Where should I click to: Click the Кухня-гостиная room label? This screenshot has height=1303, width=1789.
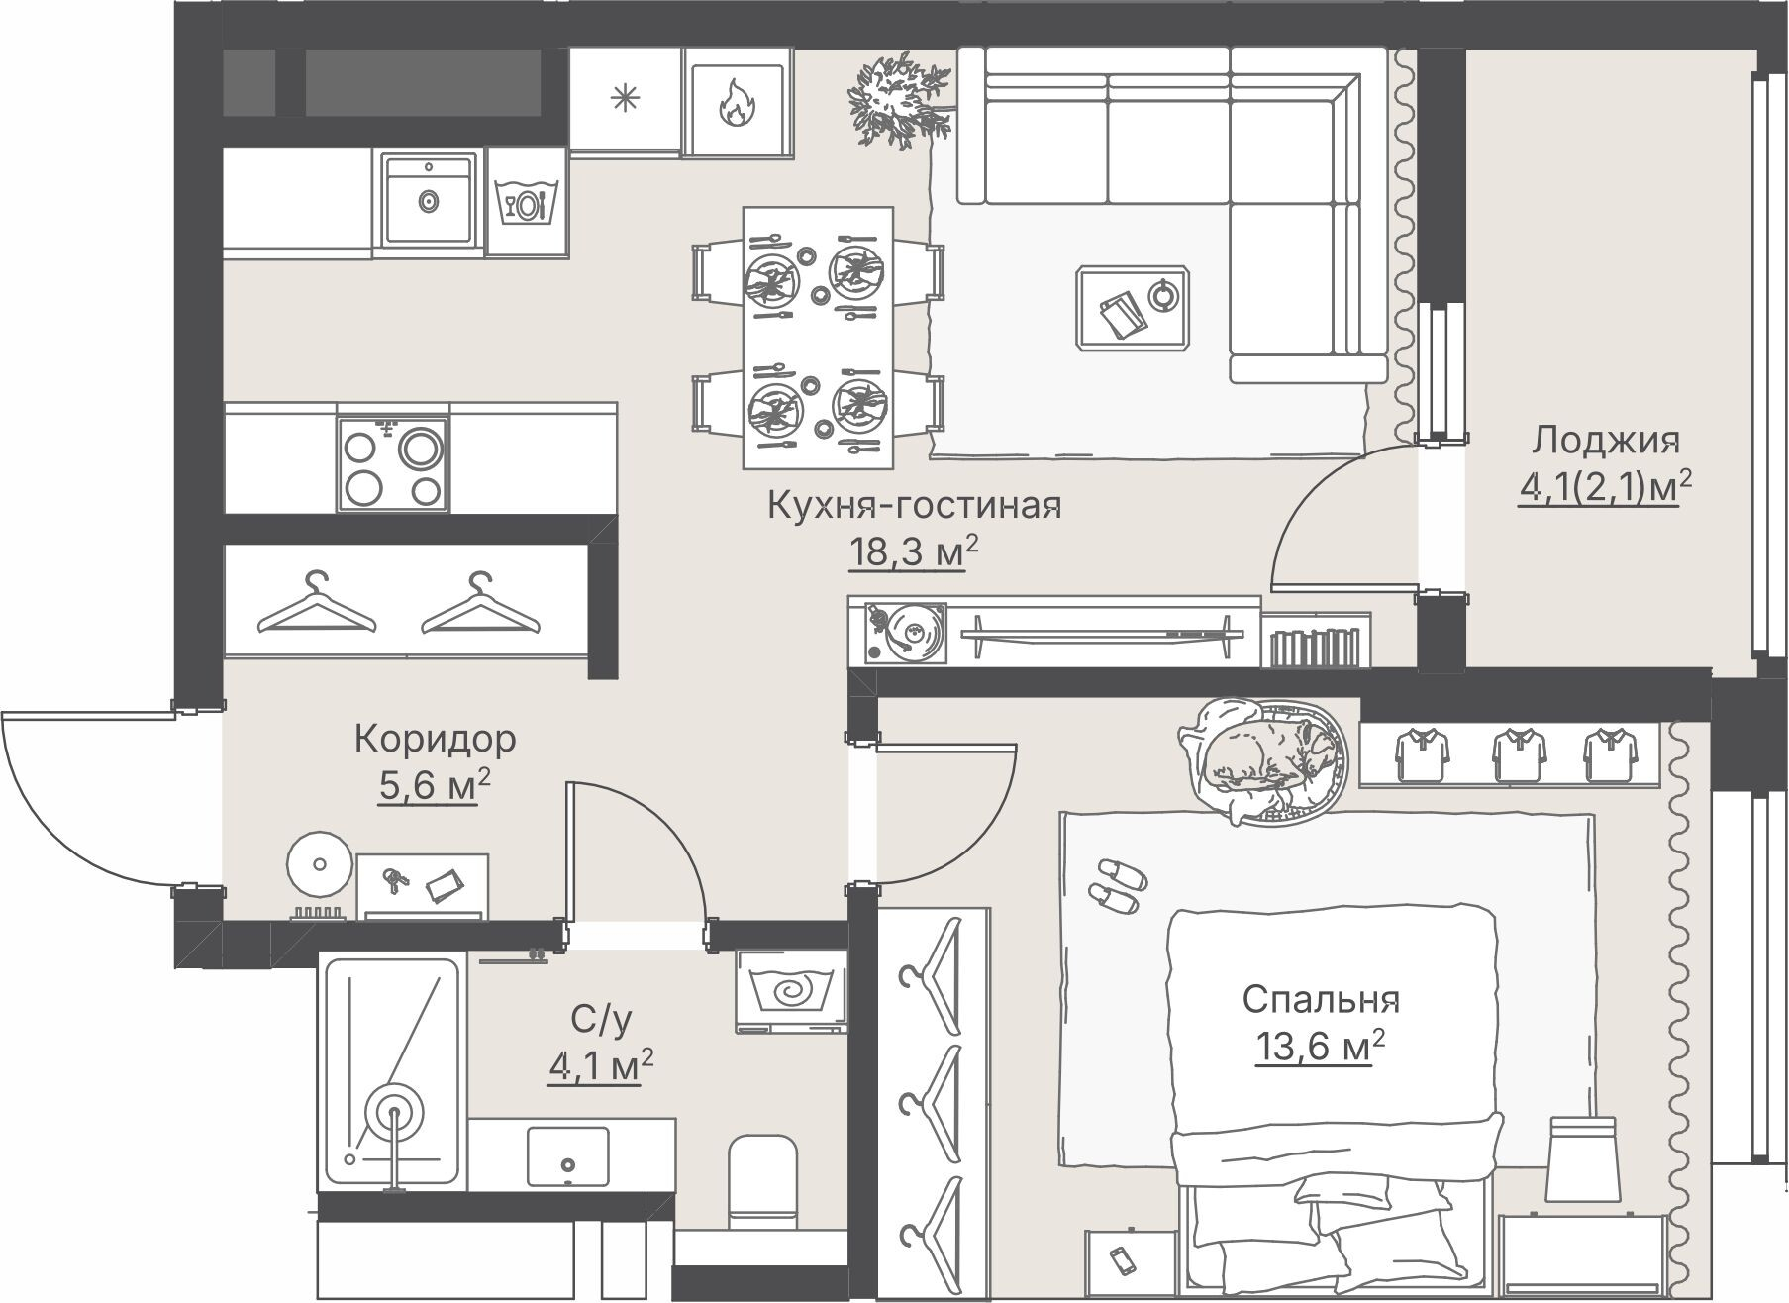click(x=915, y=506)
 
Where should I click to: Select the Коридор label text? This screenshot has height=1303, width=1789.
click(x=436, y=739)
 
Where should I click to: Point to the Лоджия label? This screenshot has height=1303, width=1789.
click(x=1606, y=440)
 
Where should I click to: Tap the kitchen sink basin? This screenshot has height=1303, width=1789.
click(x=428, y=200)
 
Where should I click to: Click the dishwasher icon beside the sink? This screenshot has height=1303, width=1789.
click(x=527, y=203)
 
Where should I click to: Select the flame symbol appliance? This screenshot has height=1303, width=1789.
click(x=736, y=103)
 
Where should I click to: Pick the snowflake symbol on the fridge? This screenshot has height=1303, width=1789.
click(x=625, y=99)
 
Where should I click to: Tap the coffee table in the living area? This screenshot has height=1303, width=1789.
click(x=1132, y=308)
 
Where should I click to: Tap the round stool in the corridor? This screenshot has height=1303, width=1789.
click(x=319, y=864)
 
